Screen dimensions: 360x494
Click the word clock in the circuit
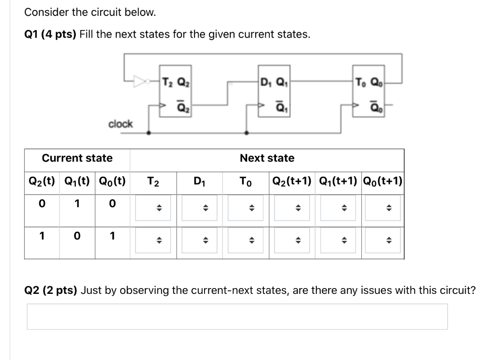120,124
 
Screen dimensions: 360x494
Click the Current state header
77,158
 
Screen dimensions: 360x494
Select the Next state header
267,158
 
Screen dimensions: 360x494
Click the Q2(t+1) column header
292,181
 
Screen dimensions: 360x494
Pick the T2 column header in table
153,181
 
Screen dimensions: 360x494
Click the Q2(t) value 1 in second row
42,236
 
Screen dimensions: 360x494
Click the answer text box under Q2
237,317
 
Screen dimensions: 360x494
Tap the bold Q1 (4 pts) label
50,35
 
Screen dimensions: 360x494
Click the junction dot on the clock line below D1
247,133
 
